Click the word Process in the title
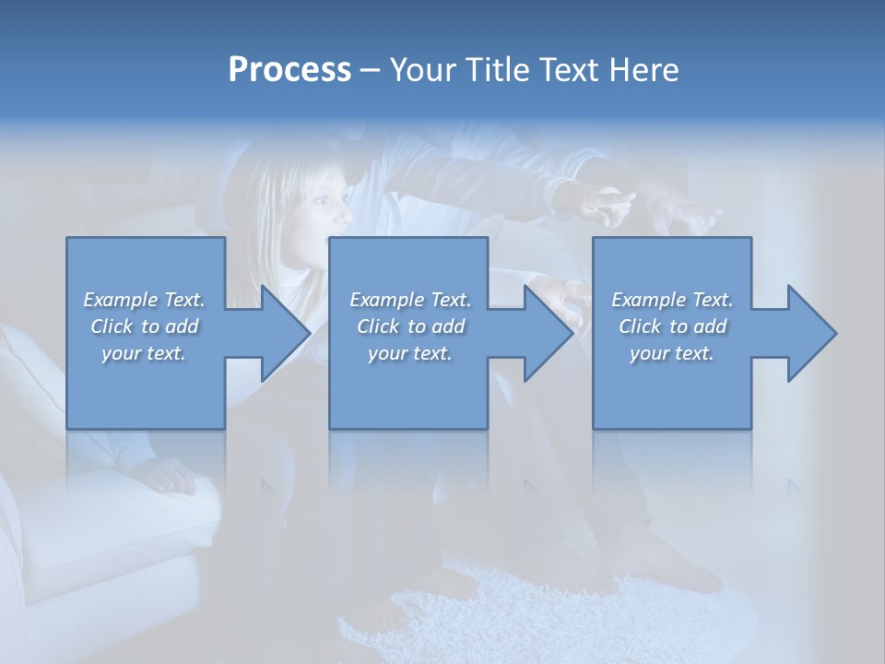[289, 70]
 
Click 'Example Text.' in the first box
[144, 300]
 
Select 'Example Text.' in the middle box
[410, 300]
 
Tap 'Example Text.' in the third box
[672, 300]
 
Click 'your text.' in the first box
[144, 353]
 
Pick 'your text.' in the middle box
[410, 353]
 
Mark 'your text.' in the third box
[672, 353]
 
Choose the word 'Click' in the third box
[640, 326]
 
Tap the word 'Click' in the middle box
[378, 326]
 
